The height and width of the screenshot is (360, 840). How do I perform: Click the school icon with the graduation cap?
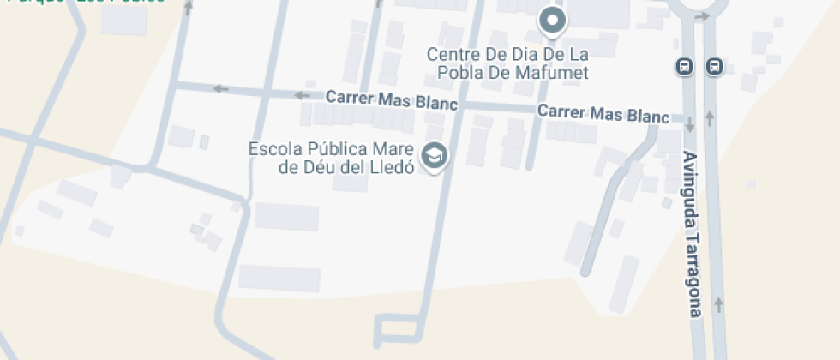coord(437,156)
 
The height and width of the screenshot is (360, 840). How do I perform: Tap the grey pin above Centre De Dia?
coord(553,21)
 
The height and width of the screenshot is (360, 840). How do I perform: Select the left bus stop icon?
coord(684,67)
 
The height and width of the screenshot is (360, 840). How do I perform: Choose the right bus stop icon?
coord(713,67)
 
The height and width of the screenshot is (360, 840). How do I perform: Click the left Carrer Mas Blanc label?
coord(392,99)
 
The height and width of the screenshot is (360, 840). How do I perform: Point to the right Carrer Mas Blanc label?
coord(603,113)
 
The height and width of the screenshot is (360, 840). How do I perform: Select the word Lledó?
coord(393,166)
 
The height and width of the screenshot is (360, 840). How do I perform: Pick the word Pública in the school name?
coord(337,148)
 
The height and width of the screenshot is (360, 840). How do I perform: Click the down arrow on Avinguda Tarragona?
coord(690,126)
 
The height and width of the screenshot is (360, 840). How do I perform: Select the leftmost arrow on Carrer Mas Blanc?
coord(221,87)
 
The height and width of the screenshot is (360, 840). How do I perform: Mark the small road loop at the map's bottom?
coord(398,330)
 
